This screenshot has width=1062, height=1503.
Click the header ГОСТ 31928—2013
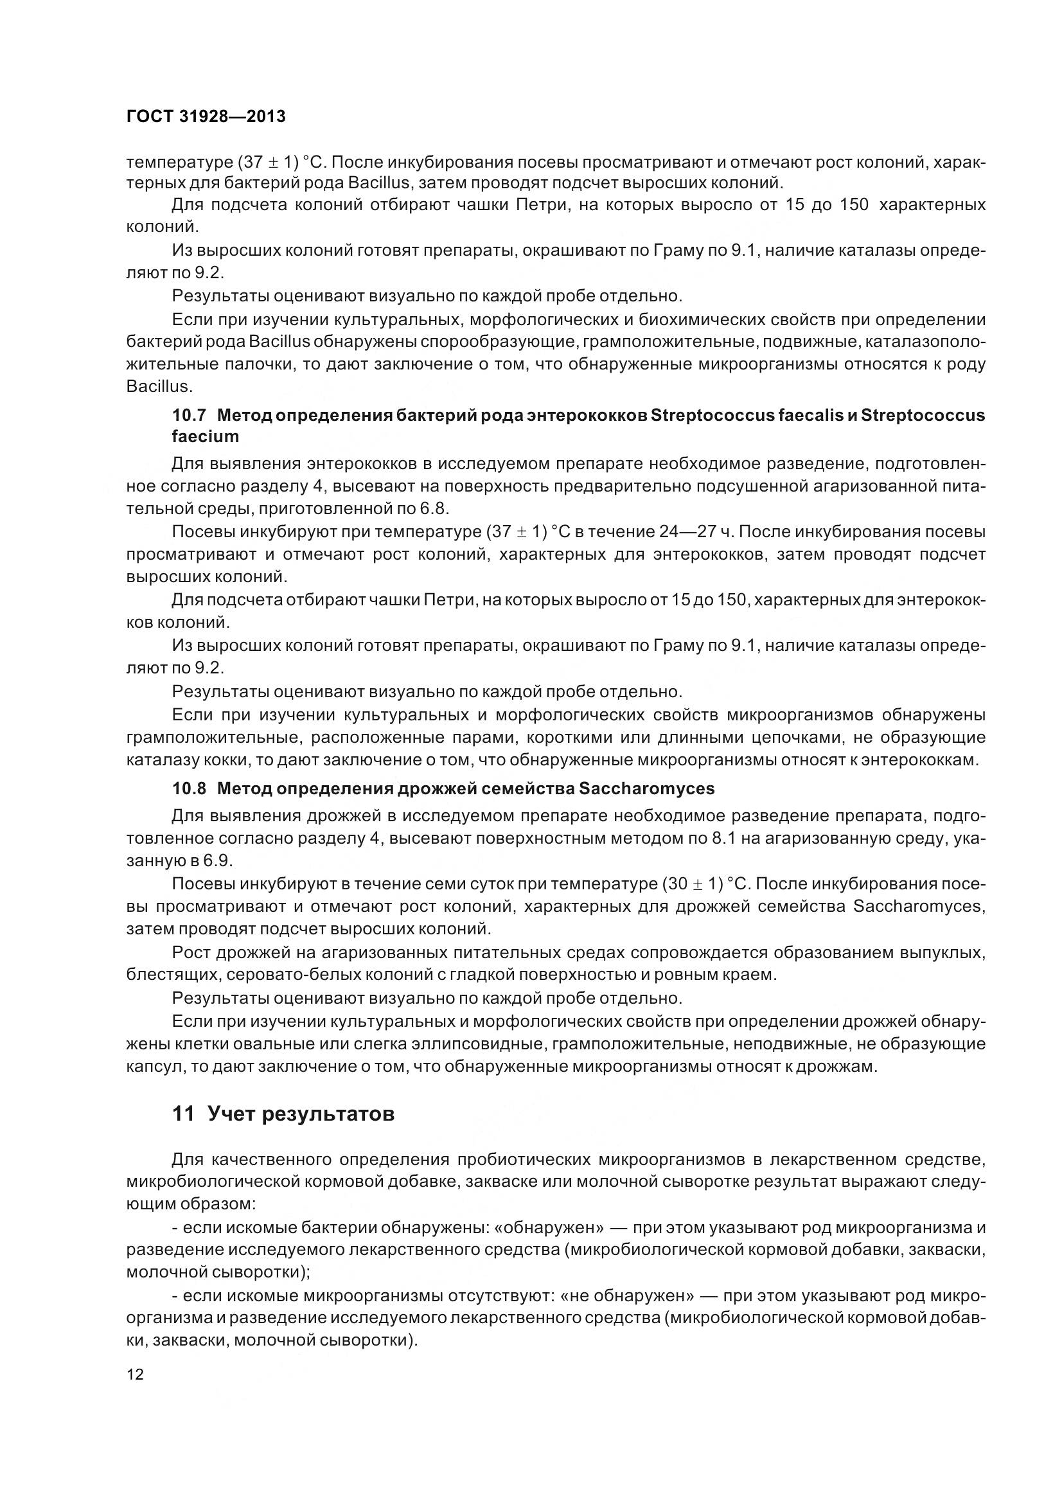click(x=206, y=116)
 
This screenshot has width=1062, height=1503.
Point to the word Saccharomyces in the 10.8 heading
click(x=646, y=788)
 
